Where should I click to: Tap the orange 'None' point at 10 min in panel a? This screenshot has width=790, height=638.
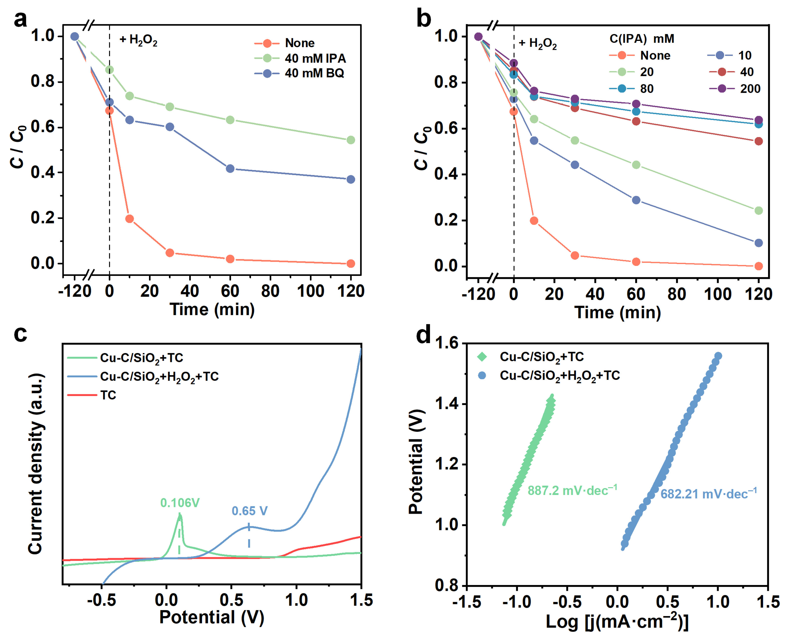(129, 219)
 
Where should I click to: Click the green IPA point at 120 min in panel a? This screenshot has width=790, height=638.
(351, 140)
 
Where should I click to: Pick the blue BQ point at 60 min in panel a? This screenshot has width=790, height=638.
(230, 169)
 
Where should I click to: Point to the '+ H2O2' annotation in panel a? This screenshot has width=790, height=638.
(139, 40)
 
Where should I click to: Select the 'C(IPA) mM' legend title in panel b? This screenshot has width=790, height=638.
(642, 39)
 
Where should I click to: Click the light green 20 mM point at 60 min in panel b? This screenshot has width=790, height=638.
(636, 165)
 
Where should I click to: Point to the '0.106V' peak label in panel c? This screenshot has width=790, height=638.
(180, 503)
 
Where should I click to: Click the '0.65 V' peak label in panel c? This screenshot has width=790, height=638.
(250, 511)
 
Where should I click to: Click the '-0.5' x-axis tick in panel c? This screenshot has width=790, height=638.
(101, 600)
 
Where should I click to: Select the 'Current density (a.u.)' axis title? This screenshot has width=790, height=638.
(36, 464)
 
